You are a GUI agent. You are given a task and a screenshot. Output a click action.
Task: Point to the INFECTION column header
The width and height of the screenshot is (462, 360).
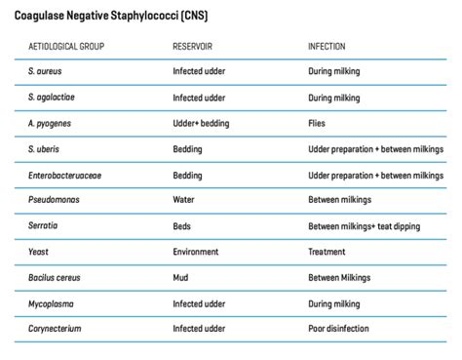[x=327, y=46]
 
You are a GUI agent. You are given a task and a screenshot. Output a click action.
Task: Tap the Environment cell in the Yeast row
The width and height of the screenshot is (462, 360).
[x=198, y=251]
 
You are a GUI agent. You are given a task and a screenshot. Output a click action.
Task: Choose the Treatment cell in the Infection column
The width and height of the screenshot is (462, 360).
[x=328, y=251]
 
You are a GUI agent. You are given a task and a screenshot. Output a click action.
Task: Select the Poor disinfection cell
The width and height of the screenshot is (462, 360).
[x=342, y=328]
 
